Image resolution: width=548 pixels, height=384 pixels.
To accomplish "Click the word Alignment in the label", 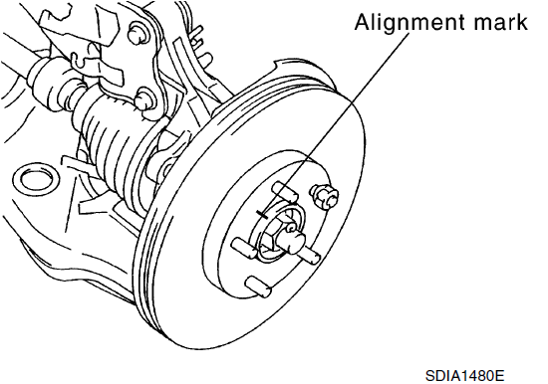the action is (410, 23).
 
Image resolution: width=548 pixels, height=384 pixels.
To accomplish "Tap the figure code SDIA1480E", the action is (465, 376).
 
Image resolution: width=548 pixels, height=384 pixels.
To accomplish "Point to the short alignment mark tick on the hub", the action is (261, 214).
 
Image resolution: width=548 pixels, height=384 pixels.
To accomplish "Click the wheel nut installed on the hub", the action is (325, 197).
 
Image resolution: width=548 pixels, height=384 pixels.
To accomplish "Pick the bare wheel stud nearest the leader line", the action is (286, 192).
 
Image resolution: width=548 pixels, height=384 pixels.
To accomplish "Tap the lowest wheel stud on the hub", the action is (258, 287).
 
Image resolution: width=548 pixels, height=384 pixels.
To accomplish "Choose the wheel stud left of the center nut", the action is (244, 248).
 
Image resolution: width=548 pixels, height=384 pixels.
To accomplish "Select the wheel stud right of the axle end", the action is (310, 255).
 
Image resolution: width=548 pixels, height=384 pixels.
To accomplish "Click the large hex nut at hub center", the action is (274, 237).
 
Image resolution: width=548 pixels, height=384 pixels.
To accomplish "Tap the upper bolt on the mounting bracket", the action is (138, 33).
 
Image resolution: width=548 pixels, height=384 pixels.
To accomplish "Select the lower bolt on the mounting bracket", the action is (145, 100).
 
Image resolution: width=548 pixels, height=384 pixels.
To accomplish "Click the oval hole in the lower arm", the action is (36, 179).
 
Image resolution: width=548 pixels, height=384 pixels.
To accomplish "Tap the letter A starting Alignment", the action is (363, 22).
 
